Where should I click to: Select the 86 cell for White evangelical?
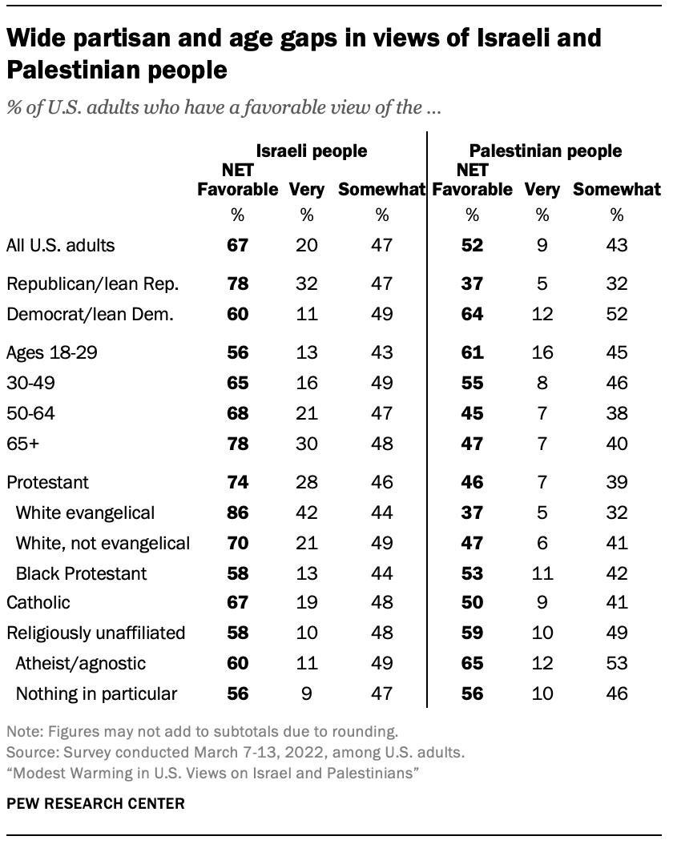pyautogui.click(x=237, y=513)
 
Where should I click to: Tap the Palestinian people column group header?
pyautogui.click(x=545, y=151)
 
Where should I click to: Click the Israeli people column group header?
pyautogui.click(x=311, y=151)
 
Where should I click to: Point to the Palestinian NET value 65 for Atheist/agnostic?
pyautogui.click(x=472, y=663)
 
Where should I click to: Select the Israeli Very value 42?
pyautogui.click(x=307, y=513)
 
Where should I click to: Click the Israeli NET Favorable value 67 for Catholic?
pyautogui.click(x=237, y=603)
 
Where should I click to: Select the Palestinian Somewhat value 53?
pyautogui.click(x=617, y=663)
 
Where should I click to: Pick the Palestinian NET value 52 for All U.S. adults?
pyautogui.click(x=472, y=245)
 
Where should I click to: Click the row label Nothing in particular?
pyautogui.click(x=96, y=693)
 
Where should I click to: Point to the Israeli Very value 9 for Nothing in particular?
pyautogui.click(x=307, y=693)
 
